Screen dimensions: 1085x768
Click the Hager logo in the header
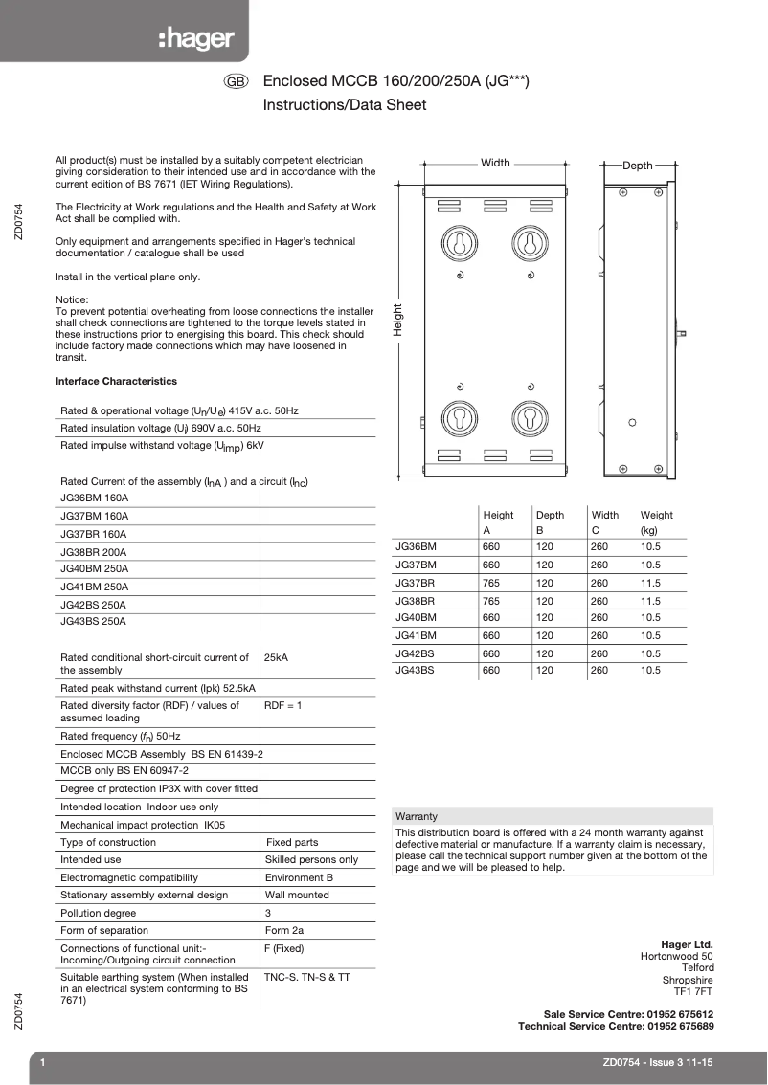(197, 38)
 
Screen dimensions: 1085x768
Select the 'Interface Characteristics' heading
(116, 381)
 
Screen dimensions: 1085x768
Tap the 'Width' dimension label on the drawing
(495, 163)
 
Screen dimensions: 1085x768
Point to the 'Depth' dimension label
(638, 166)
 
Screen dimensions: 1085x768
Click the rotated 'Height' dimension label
(397, 319)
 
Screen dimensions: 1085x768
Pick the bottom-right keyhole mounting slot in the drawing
(529, 417)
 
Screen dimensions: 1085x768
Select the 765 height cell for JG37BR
(491, 583)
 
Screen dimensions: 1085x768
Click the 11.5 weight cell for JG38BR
(650, 601)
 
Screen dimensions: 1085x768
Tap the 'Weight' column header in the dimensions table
(656, 515)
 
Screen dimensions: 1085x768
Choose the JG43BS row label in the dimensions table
(416, 671)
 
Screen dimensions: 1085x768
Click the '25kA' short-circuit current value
(276, 658)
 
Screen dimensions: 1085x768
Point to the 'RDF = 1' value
(282, 705)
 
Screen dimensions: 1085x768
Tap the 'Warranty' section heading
(417, 816)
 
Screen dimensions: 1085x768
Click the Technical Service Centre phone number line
(615, 1026)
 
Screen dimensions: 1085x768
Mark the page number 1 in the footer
(43, 1062)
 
